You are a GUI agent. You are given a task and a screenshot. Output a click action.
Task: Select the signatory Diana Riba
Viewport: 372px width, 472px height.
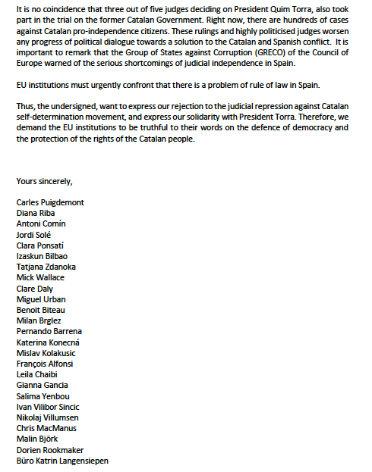(36, 213)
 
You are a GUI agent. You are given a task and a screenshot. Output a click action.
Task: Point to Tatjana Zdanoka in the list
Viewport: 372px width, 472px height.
(46, 267)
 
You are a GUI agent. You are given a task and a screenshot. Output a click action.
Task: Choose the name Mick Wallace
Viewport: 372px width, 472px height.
(40, 277)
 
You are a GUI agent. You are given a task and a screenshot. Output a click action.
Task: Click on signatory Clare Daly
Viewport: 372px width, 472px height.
(35, 288)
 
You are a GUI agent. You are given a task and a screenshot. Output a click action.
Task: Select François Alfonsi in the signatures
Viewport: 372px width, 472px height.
(44, 363)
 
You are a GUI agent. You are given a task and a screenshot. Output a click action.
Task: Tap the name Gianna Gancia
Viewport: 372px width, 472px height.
(41, 384)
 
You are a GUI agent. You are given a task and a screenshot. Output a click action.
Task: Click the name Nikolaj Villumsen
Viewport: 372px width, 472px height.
(48, 416)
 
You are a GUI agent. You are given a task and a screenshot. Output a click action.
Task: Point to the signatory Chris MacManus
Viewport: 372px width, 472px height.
(45, 427)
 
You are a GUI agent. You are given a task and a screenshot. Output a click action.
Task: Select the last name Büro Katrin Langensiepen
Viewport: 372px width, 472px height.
(62, 459)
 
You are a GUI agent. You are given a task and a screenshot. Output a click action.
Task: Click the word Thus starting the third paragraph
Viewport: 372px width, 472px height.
(24, 105)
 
